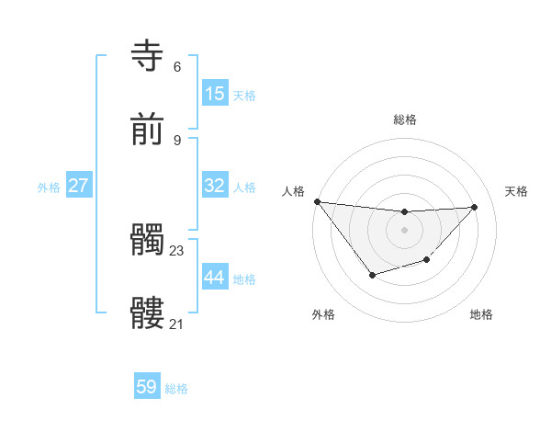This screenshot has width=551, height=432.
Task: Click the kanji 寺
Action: (148, 56)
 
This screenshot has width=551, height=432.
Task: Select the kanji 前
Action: (148, 131)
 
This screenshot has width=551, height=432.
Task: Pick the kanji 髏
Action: (148, 313)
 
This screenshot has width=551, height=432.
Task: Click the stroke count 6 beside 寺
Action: (177, 66)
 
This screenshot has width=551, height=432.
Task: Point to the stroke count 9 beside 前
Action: (177, 140)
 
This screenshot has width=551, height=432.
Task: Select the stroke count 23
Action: (177, 250)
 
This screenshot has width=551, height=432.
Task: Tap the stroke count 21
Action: (177, 324)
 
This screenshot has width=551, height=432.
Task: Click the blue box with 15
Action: (215, 94)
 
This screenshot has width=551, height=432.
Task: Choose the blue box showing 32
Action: (215, 186)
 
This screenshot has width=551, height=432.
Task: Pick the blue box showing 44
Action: (215, 278)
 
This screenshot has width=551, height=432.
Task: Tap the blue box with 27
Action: (78, 186)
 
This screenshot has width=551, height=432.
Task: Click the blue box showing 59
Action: (147, 387)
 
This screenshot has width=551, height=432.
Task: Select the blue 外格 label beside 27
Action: (49, 188)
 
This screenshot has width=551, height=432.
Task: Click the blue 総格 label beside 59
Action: (176, 389)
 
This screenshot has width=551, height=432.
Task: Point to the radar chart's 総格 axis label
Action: (405, 119)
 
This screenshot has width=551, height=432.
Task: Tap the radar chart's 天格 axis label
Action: (516, 191)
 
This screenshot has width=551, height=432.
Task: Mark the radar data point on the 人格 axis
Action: (317, 201)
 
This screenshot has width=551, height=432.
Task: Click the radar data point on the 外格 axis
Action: (372, 275)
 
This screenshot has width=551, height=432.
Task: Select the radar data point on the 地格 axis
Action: (426, 260)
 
